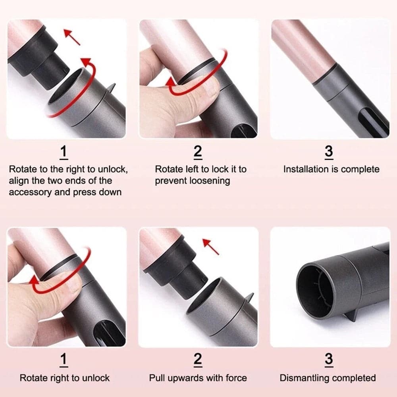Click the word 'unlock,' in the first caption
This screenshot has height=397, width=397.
pyautogui.click(x=113, y=170)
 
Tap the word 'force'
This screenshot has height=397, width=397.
pyautogui.click(x=236, y=378)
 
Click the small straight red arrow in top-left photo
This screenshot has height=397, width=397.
pyautogui.click(x=71, y=37)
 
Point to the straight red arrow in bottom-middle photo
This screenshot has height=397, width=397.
pyautogui.click(x=211, y=247)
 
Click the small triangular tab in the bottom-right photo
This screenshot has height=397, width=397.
pyautogui.click(x=349, y=317)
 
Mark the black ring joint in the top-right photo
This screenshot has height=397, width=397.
pyautogui.click(x=325, y=74)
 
